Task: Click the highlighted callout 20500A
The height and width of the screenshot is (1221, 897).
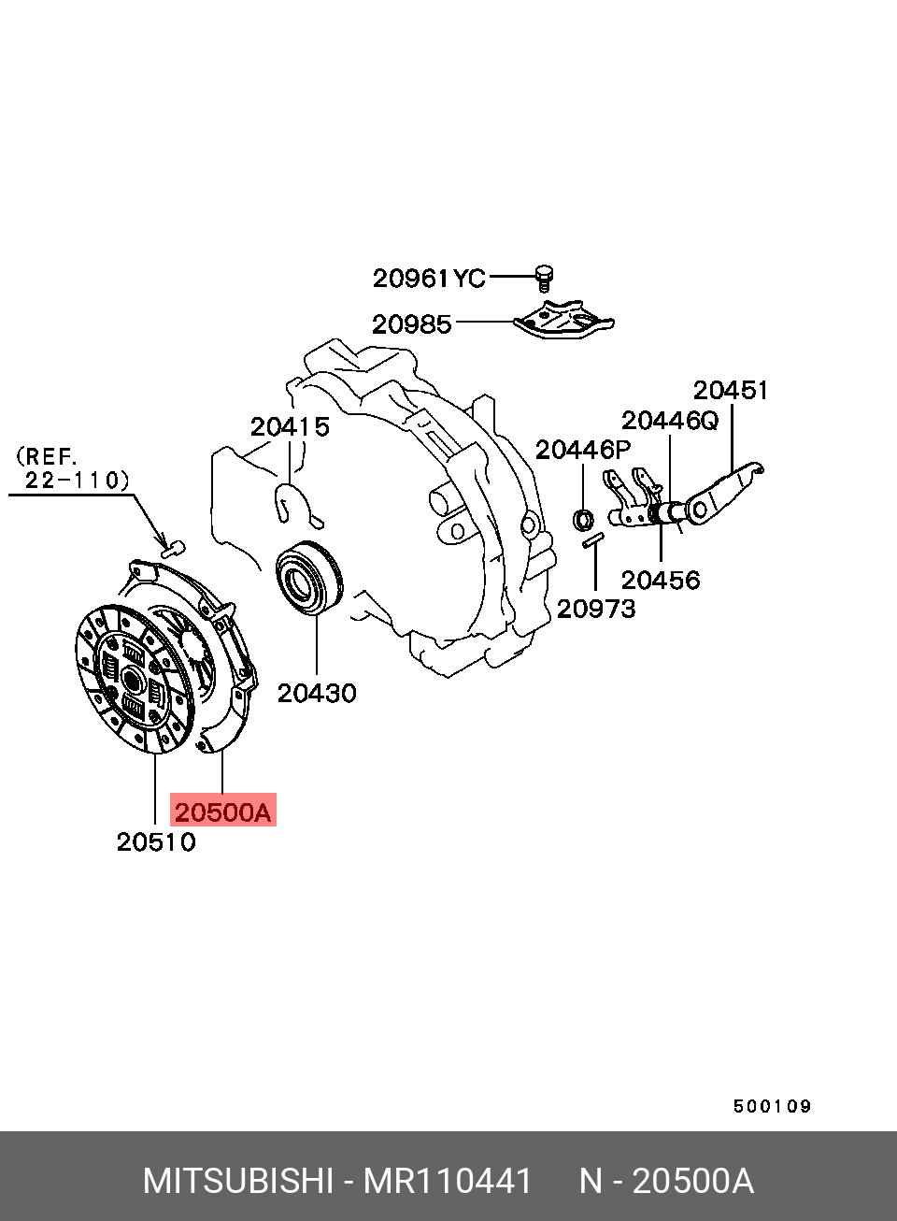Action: [222, 812]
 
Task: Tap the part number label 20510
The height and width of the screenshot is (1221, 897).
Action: [156, 842]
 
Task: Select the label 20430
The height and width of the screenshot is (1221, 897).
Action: [317, 694]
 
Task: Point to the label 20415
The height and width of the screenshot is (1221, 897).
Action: [290, 427]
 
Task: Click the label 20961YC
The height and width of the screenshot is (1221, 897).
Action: [429, 279]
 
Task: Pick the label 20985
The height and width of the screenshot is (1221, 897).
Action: [412, 324]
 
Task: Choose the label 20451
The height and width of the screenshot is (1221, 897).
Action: [731, 390]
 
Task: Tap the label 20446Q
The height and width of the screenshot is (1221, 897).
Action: [670, 421]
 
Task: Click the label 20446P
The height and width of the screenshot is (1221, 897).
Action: [583, 451]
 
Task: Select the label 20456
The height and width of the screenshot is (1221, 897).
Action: [661, 580]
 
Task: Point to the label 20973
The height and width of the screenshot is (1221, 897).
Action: [596, 609]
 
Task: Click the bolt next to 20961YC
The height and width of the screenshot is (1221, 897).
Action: [544, 279]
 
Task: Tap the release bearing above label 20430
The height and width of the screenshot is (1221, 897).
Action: [309, 579]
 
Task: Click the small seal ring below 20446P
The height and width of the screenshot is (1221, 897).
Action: [584, 520]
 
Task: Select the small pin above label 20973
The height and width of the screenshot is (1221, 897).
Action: [592, 540]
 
